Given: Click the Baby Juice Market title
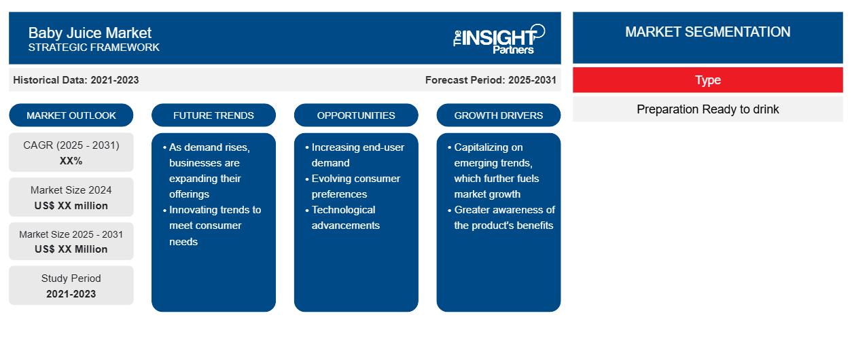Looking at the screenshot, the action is pyautogui.click(x=90, y=33).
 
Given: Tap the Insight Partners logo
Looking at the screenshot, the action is pyautogui.click(x=499, y=39).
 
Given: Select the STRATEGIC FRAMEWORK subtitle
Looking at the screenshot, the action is pyautogui.click(x=94, y=48).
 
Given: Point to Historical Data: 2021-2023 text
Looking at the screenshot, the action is pyautogui.click(x=76, y=80).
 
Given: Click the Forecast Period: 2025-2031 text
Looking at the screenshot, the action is pyautogui.click(x=491, y=80).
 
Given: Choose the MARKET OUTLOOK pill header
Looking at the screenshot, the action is pyautogui.click(x=71, y=115).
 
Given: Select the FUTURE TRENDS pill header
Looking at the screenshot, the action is pyautogui.click(x=213, y=115).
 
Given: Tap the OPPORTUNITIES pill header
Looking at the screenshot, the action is pyautogui.click(x=356, y=115).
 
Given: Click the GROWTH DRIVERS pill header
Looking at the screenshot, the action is pyautogui.click(x=499, y=115).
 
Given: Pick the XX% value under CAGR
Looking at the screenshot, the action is pyautogui.click(x=71, y=161).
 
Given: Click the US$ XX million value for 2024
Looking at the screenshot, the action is pyautogui.click(x=71, y=206).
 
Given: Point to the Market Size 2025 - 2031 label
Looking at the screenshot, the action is pyautogui.click(x=71, y=234).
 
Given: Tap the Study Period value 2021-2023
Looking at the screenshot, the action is pyautogui.click(x=71, y=294).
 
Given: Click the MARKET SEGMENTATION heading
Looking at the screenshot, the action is pyautogui.click(x=708, y=32).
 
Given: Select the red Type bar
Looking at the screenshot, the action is pyautogui.click(x=708, y=80).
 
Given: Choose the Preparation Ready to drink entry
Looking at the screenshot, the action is pyautogui.click(x=708, y=109).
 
